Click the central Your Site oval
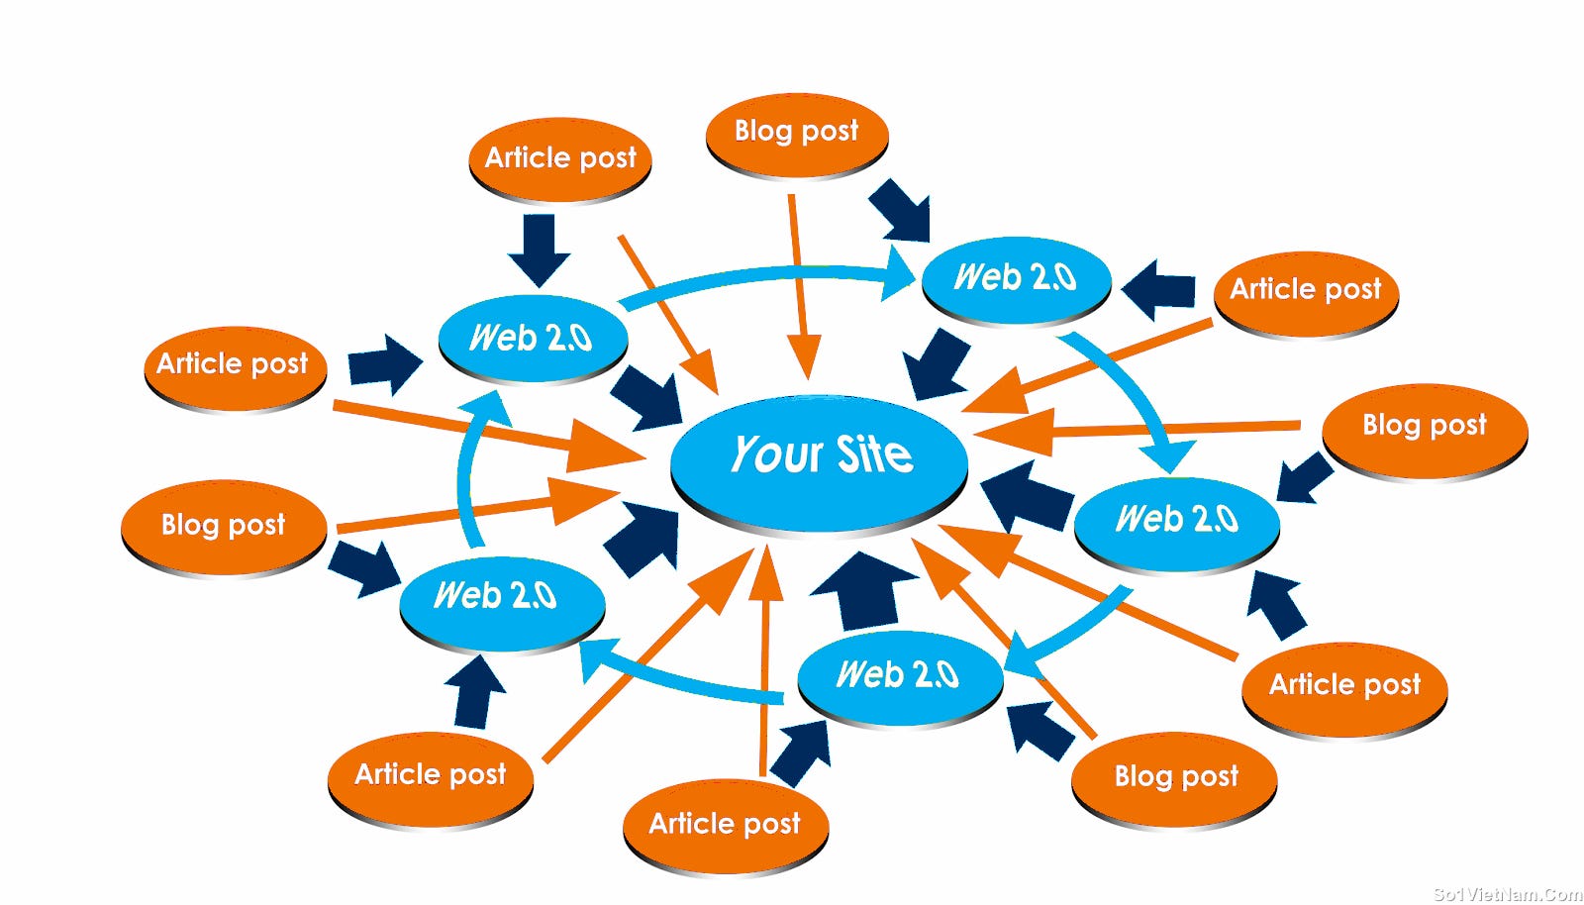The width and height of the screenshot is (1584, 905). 819,460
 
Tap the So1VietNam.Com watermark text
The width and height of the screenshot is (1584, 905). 1507,894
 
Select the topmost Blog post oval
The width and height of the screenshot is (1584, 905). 796,133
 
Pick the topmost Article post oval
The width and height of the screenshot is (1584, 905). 559,158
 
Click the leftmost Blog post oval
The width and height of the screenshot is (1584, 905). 223,525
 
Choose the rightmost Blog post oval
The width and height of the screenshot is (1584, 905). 1424,427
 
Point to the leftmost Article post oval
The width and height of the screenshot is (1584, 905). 234,365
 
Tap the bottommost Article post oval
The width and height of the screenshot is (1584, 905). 725,825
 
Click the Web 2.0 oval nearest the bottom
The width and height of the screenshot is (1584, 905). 898,676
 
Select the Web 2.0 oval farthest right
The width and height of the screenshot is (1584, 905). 1176,521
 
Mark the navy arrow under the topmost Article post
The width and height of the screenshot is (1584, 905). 540,249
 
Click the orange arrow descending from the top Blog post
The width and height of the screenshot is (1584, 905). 800,287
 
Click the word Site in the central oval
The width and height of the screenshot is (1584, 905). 874,455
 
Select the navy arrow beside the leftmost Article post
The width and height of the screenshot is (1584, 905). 384,364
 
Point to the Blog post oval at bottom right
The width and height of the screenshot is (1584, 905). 1175,777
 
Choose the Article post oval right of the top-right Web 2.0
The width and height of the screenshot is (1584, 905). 1305,291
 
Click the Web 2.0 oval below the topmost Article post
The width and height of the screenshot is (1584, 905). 532,339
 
